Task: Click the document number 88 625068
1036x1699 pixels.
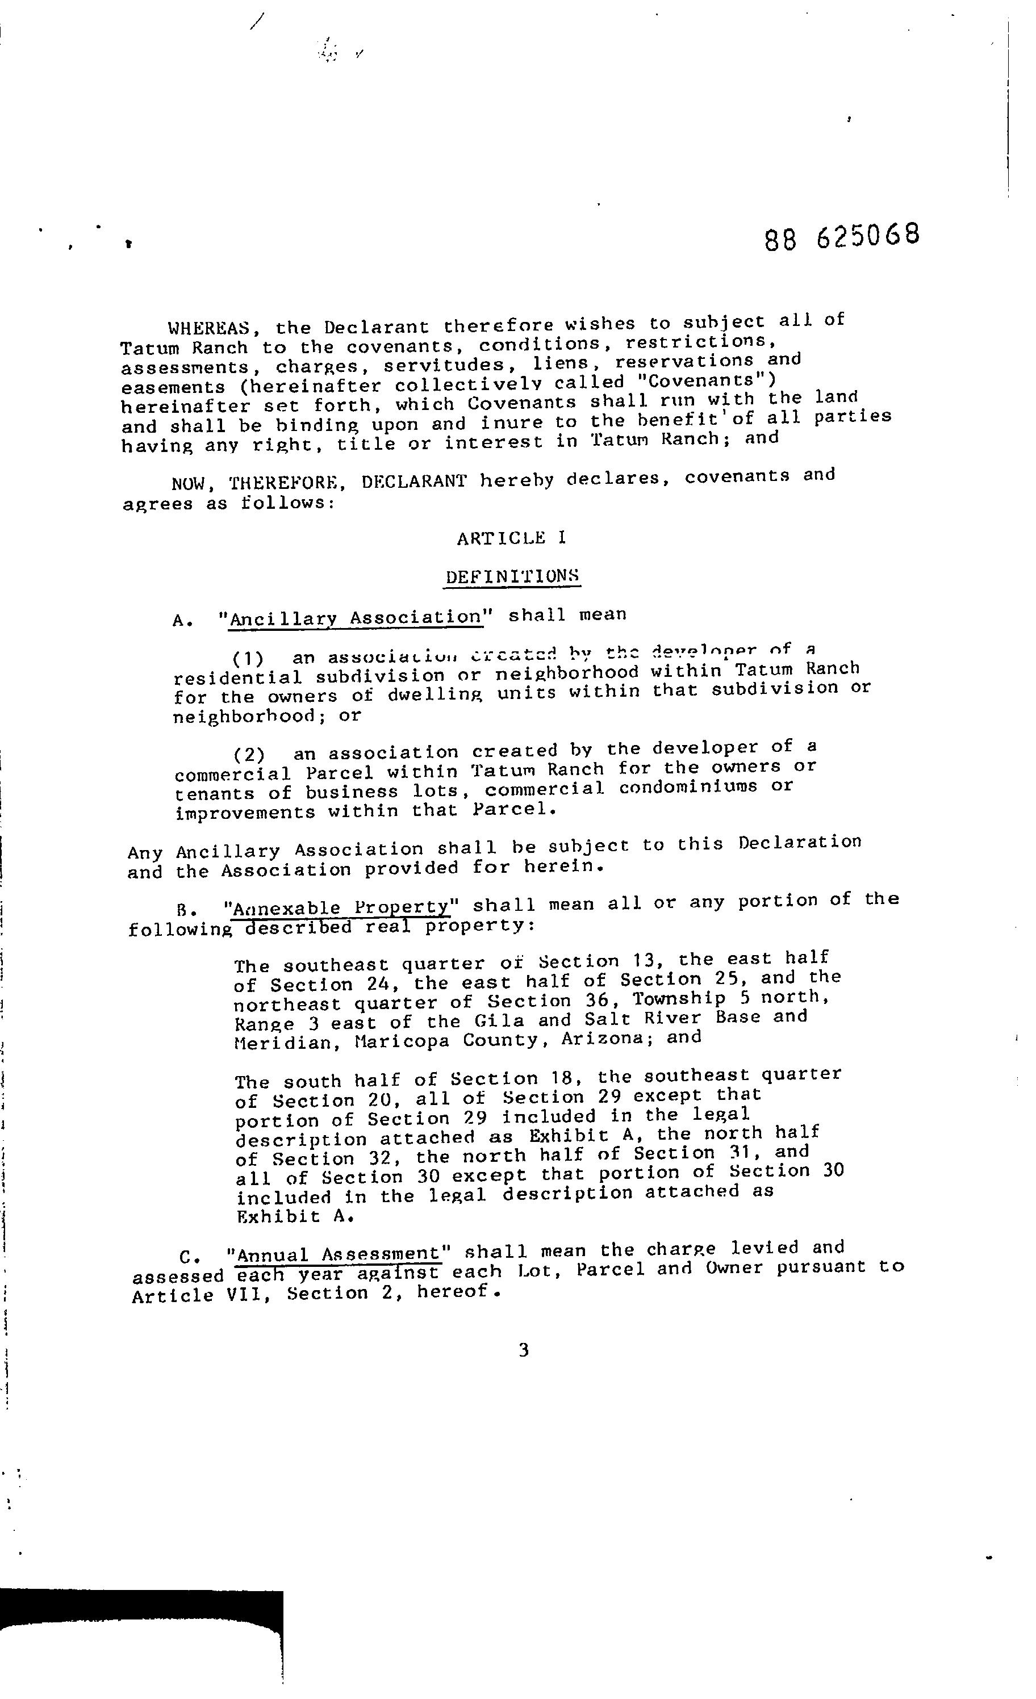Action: [x=842, y=237]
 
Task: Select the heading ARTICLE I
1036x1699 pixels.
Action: [x=511, y=538]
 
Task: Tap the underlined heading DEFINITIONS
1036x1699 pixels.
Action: [x=511, y=576]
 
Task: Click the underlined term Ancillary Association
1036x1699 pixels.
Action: [x=355, y=618]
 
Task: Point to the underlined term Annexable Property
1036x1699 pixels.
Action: [x=341, y=907]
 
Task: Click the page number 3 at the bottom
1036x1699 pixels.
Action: [x=524, y=1349]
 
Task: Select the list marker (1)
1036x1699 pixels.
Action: [x=248, y=657]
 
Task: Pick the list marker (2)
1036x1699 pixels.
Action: [x=248, y=754]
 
